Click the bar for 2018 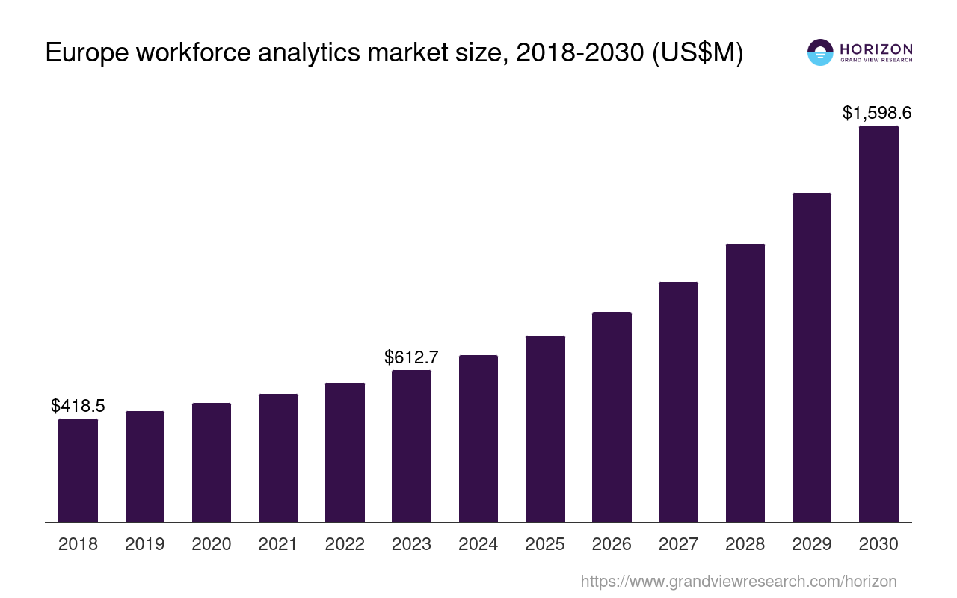coord(78,470)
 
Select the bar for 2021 coord(278,457)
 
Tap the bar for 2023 coord(411,446)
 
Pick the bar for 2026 coord(612,417)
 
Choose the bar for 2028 coord(745,383)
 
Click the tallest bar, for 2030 coord(878,324)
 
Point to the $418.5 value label coord(78,406)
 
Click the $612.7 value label coord(411,357)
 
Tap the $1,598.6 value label coord(877,113)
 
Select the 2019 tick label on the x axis coord(144,544)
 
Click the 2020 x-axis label coord(212,544)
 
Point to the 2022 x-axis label coord(345,544)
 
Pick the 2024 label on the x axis coord(478,544)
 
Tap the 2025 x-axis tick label coord(545,544)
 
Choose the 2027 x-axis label coord(678,544)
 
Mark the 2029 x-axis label coord(812,544)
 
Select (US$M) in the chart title coord(698,54)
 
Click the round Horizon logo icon coord(820,52)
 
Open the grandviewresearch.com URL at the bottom coord(738,581)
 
